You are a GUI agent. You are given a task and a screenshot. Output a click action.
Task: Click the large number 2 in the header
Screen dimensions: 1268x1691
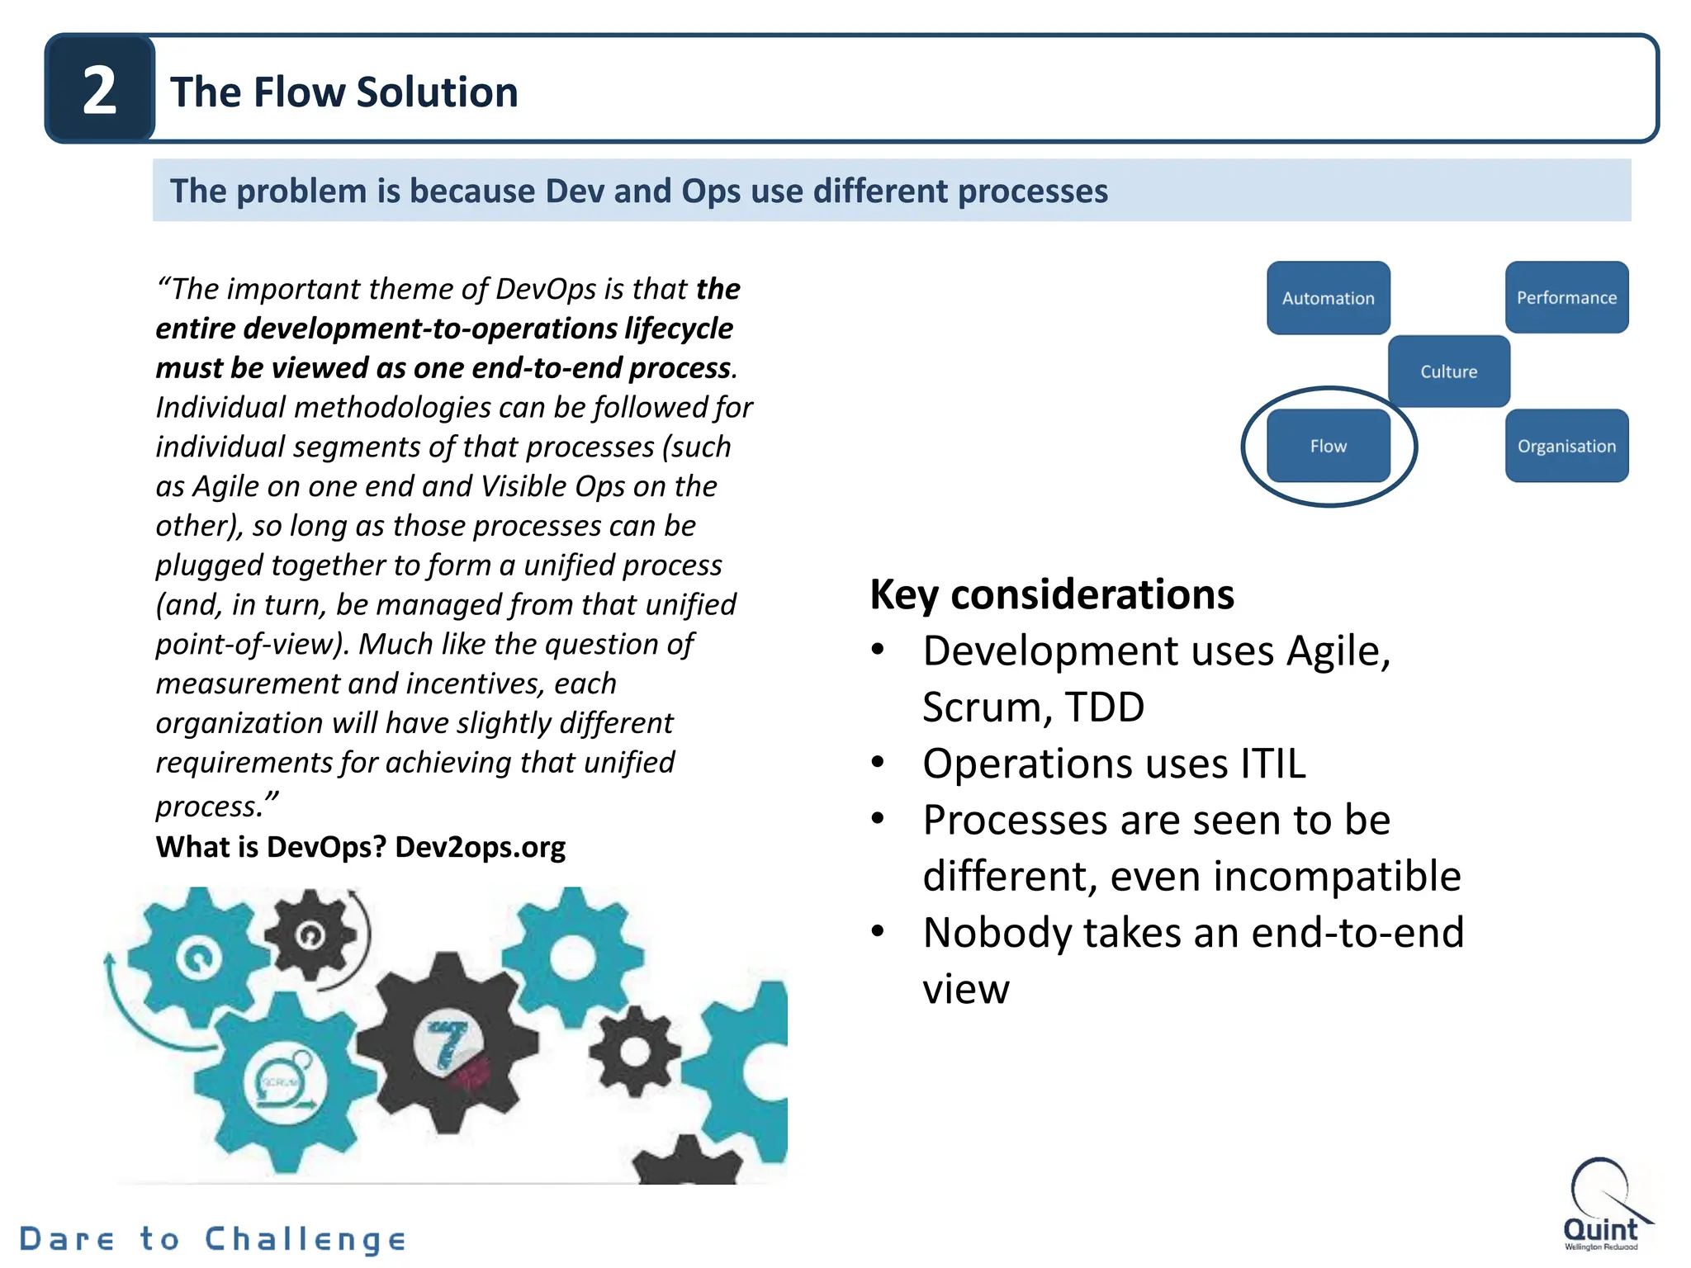click(100, 90)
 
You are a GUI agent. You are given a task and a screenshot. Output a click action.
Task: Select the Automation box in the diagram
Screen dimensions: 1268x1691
click(1328, 298)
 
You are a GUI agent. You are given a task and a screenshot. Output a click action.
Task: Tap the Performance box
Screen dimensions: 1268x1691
click(1566, 297)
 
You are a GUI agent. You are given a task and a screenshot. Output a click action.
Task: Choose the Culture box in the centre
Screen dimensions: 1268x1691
click(1448, 371)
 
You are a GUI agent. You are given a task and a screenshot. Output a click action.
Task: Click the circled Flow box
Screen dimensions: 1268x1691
click(1328, 446)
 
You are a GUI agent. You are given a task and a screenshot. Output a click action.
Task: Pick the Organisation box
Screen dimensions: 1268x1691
click(1566, 446)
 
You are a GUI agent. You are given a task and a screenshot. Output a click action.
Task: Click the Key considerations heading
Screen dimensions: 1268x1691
click(1051, 594)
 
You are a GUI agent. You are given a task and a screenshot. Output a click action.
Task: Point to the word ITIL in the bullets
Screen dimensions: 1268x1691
click(1272, 764)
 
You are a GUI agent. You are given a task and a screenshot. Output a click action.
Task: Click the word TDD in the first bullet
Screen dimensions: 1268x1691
click(1104, 707)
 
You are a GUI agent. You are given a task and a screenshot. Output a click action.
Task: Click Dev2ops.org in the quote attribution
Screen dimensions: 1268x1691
click(480, 847)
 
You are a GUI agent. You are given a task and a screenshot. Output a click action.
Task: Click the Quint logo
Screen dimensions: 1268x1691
click(1601, 1204)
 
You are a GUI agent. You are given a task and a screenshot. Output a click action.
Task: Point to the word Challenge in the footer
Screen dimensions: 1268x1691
click(306, 1239)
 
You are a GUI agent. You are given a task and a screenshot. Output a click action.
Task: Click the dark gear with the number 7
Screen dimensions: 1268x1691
click(448, 1044)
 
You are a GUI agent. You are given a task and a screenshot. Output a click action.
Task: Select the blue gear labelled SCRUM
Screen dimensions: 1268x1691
click(282, 1081)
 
